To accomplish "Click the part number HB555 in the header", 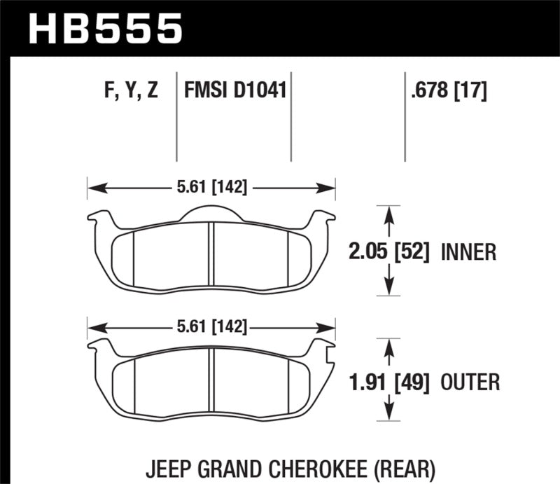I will [x=105, y=29].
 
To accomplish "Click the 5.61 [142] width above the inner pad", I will [x=211, y=188].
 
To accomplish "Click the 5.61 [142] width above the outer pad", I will [x=211, y=327].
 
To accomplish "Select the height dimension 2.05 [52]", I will [x=389, y=251].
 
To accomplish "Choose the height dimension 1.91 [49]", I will [x=389, y=382].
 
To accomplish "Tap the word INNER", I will [x=468, y=251].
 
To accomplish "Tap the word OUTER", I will [x=470, y=382].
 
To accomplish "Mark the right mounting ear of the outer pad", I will [x=323, y=347].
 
